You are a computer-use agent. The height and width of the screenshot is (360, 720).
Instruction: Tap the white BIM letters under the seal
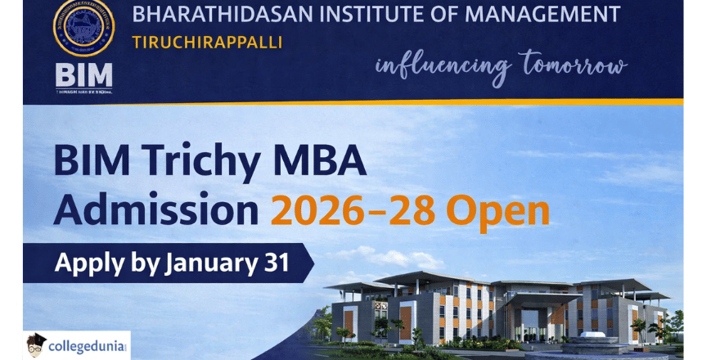coord(83,76)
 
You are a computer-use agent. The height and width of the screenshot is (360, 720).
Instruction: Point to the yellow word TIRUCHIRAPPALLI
coord(207,42)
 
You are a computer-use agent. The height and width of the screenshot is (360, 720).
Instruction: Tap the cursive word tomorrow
coord(573,65)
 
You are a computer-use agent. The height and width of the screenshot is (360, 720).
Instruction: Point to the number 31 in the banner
coord(277,263)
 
